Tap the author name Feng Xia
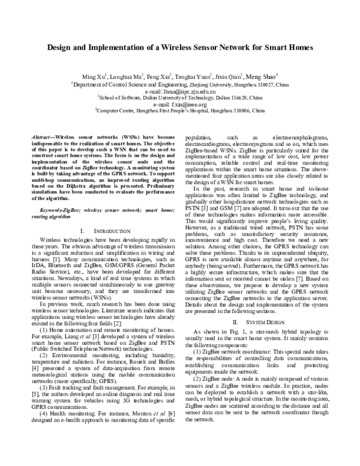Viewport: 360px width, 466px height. (x=158, y=77)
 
